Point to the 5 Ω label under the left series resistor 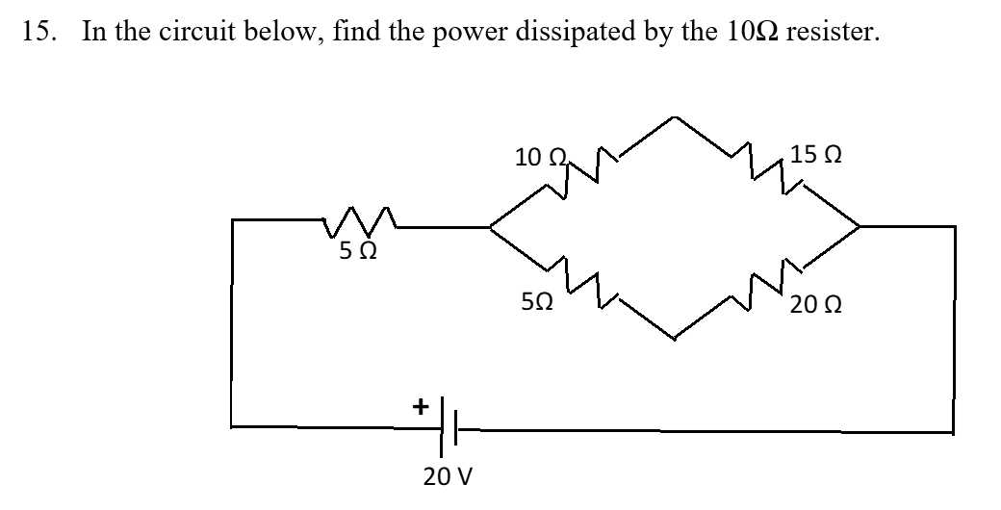pos(357,254)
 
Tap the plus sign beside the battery pos(420,407)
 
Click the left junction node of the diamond pos(491,228)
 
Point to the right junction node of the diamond pos(860,227)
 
